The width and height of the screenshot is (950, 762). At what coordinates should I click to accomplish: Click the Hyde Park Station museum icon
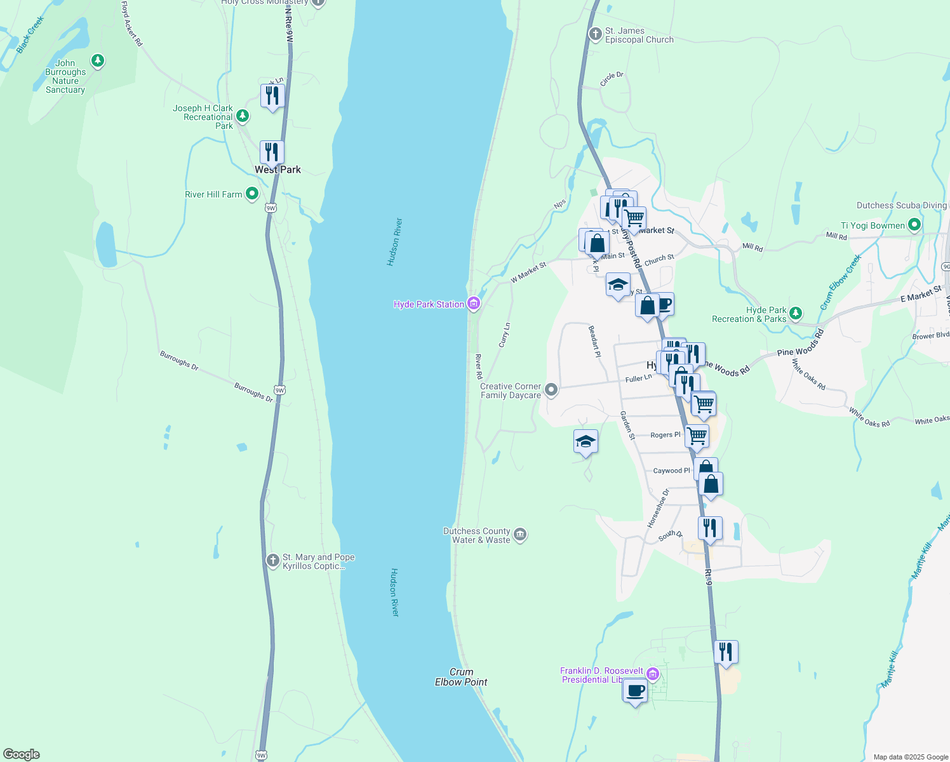[473, 304]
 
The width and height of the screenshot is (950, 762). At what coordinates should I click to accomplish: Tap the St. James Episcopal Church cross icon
[595, 34]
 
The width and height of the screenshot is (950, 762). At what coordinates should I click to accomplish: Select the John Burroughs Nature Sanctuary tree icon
[97, 61]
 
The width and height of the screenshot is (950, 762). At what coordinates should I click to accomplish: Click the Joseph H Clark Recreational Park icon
[243, 116]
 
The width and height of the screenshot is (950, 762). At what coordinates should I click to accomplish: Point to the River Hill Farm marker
[252, 194]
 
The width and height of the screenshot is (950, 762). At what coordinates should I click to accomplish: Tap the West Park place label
[278, 170]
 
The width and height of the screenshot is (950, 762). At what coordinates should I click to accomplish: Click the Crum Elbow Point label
[461, 677]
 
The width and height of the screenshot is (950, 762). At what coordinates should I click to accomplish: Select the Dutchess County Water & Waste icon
[520, 535]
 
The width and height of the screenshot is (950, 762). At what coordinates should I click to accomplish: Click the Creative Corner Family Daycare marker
[551, 390]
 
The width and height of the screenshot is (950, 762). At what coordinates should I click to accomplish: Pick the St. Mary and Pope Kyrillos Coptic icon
[272, 560]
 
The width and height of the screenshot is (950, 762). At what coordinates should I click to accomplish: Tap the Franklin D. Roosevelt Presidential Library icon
[652, 674]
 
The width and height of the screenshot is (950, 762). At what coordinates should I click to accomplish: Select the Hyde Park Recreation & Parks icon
[796, 313]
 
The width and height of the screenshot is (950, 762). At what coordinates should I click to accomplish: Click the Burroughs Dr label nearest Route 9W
[253, 392]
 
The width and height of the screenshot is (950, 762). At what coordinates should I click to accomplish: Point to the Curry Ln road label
[505, 335]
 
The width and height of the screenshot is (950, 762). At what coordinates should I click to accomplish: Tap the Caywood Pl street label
[671, 471]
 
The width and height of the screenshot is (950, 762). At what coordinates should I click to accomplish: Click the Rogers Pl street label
[665, 435]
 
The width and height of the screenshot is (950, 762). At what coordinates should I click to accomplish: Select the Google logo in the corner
[22, 754]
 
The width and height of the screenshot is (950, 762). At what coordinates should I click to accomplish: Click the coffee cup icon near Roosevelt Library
[635, 690]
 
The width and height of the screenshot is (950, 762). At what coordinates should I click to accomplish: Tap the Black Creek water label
[30, 35]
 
